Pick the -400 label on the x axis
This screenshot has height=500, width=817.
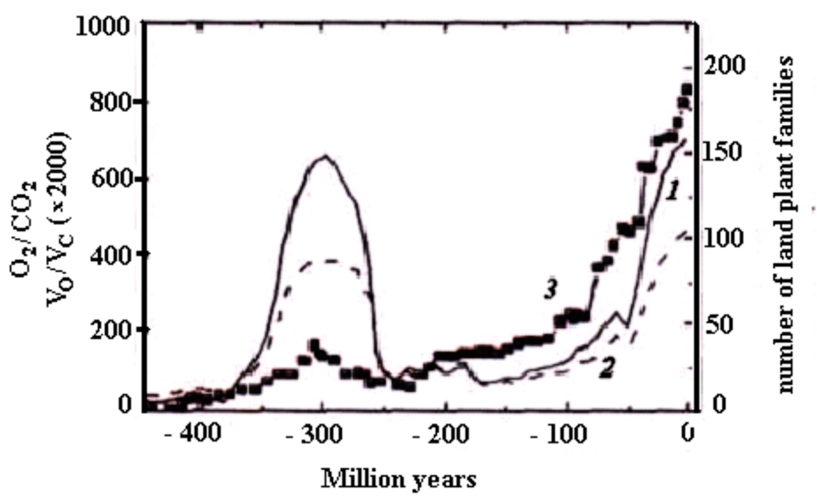point(193,434)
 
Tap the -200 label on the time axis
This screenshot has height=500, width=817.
point(441,434)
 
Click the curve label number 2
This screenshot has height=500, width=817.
point(606,369)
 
